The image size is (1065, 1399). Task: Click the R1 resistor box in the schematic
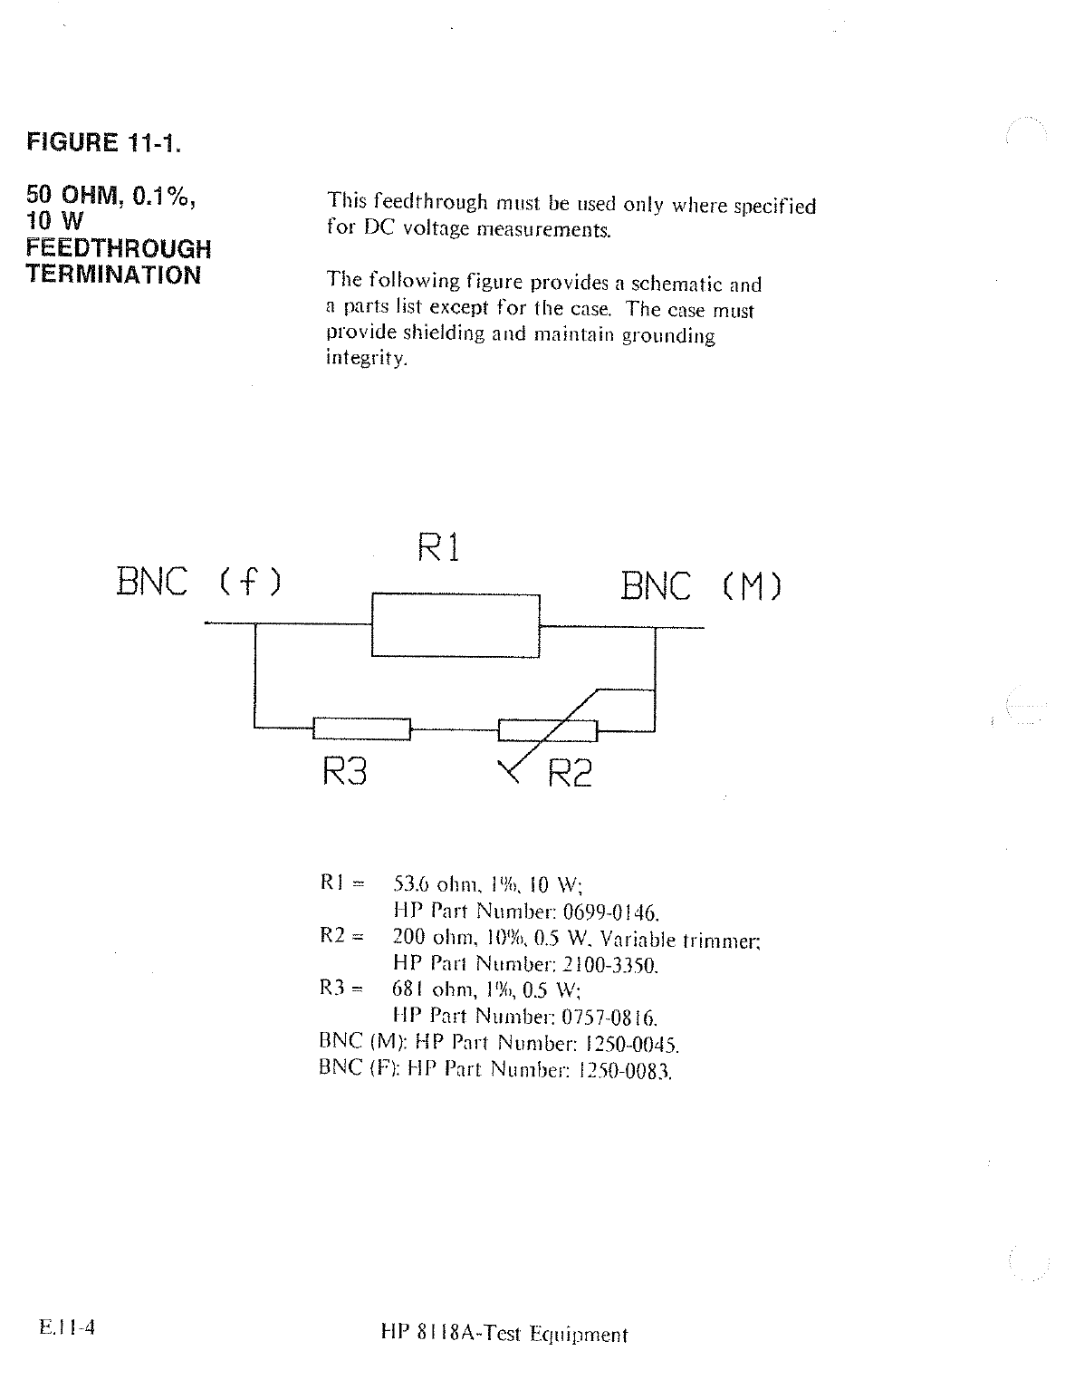click(456, 625)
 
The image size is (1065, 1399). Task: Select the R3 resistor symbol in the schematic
click(361, 728)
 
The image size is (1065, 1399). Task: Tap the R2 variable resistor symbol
click(548, 729)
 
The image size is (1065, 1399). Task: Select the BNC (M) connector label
click(700, 586)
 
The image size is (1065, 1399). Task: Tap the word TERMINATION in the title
click(113, 275)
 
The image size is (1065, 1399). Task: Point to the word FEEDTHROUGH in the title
click(118, 248)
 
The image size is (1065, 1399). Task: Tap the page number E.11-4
click(68, 1329)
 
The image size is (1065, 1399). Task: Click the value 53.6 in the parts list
click(409, 883)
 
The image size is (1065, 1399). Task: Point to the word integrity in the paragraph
click(367, 359)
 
